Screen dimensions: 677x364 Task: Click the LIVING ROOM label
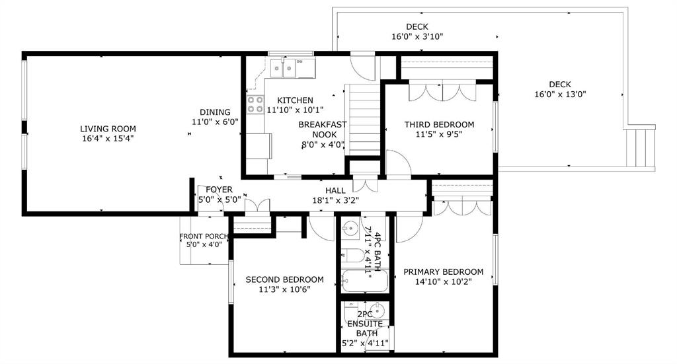108,129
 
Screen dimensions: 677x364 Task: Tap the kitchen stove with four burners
255,104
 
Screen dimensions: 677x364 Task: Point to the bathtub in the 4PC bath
365,281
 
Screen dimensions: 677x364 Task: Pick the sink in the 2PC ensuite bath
378,310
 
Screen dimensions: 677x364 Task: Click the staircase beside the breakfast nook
363,120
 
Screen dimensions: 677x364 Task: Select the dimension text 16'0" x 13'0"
560,94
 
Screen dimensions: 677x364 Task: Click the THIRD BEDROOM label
439,125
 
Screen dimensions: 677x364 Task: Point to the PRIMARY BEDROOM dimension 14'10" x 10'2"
443,282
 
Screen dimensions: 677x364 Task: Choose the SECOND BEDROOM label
284,279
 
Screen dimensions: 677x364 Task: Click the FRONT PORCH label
204,237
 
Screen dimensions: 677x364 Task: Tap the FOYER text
219,190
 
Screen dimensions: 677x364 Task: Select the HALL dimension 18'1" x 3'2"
335,201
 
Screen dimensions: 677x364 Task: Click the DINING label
215,112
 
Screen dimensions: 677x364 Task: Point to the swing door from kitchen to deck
362,67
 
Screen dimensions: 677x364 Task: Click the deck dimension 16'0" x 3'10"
417,37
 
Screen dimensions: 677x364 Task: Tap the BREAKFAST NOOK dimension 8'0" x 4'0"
323,145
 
